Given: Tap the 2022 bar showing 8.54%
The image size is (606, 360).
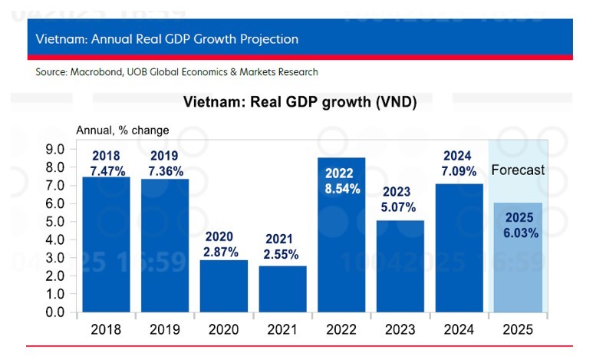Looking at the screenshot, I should click(x=342, y=253).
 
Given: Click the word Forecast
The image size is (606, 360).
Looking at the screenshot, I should click(x=517, y=170).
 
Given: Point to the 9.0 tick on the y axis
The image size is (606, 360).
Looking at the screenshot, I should click(x=56, y=149).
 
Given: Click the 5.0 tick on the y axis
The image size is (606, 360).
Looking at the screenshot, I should click(x=56, y=222).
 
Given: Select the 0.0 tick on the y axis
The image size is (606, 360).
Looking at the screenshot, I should click(x=56, y=312).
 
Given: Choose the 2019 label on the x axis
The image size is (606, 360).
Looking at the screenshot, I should click(x=165, y=330).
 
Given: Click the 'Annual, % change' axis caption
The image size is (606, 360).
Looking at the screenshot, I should click(x=122, y=130).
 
